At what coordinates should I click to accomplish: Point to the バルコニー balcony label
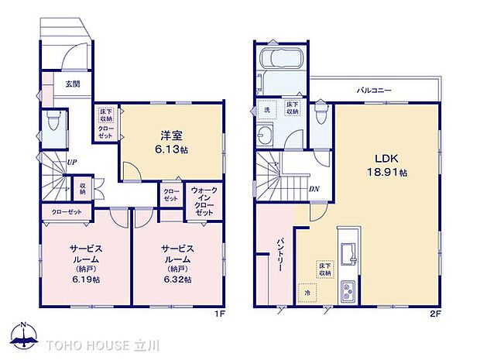pyautogui.click(x=374, y=91)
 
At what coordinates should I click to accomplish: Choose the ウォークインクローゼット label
pyautogui.click(x=204, y=200)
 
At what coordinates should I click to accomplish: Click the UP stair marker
pyautogui.click(x=70, y=163)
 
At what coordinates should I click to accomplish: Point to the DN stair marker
pyautogui.click(x=315, y=188)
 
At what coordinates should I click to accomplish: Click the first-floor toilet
pyautogui.click(x=52, y=122)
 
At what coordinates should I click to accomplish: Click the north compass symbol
pyautogui.click(x=26, y=337)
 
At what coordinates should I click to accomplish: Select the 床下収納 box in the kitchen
pyautogui.click(x=322, y=269)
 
